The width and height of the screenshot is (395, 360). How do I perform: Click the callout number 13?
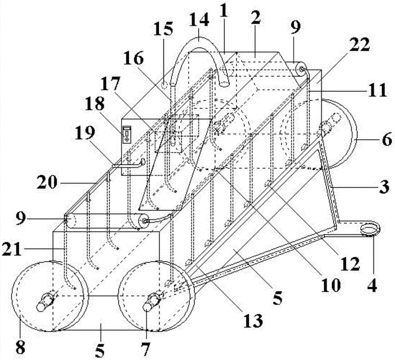click(253, 321)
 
